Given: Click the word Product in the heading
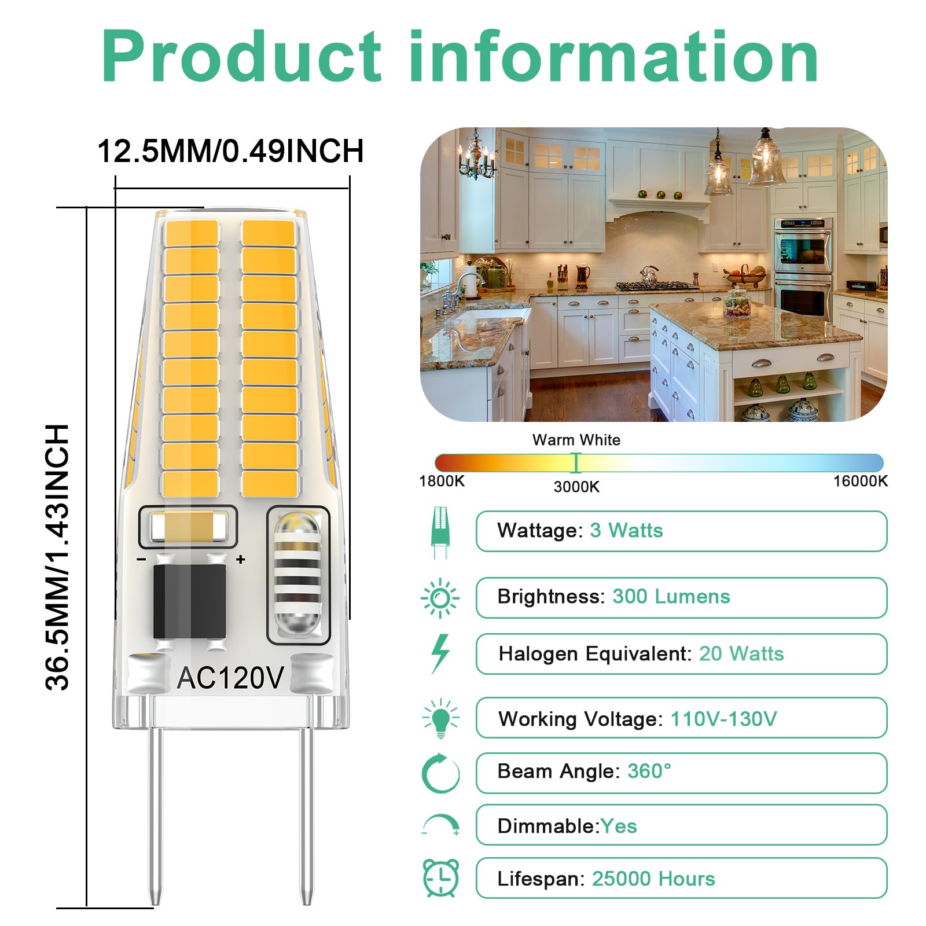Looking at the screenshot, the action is [241, 57].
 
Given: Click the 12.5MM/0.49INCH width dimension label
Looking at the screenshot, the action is [231, 151].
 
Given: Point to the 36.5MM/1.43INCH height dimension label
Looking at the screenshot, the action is [57, 557].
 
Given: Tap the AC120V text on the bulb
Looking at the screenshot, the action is [230, 678].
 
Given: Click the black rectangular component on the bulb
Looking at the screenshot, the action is [189, 602].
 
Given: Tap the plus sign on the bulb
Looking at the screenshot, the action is [240, 560].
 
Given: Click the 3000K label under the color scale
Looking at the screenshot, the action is [576, 487].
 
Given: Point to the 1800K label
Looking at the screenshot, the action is [442, 481].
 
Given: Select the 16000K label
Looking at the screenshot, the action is [860, 481].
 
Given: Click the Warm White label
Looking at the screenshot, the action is [576, 440].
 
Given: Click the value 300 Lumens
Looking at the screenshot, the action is [671, 597].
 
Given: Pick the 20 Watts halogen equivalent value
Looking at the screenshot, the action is [741, 654].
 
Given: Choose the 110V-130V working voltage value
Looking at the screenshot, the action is [723, 719].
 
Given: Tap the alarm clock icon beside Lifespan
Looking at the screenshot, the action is [441, 878].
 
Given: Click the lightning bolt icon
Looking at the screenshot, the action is [440, 654].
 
